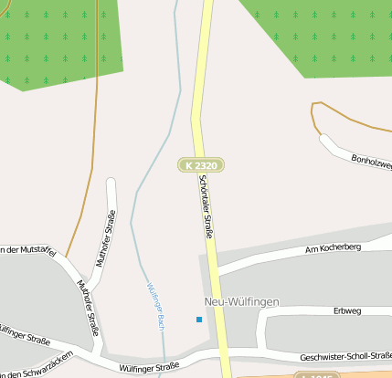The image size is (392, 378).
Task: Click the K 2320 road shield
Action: (201, 165)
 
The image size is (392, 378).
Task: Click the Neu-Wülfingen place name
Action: (241, 301)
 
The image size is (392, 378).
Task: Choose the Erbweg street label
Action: (347, 310)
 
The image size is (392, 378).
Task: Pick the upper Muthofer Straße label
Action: (106, 238)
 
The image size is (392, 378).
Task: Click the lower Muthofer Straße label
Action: (88, 307)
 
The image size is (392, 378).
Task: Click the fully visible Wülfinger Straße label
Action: (149, 367)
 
